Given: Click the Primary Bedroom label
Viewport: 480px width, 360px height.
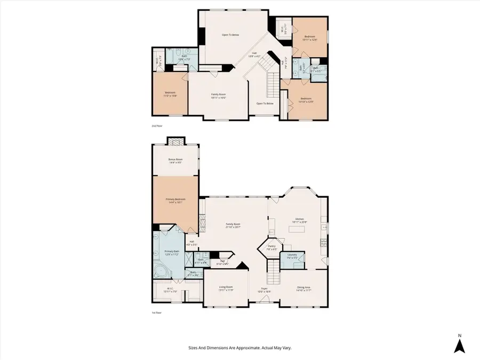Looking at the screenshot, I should click(x=176, y=201).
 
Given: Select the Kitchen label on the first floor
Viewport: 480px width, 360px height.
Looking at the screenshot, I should click(x=299, y=220).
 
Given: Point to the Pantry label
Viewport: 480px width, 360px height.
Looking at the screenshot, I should click(x=271, y=247).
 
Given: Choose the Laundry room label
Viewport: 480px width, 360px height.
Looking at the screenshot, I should click(x=292, y=256).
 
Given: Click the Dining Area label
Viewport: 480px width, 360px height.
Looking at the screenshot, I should click(x=303, y=289).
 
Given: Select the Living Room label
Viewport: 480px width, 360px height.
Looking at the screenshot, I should click(x=226, y=289).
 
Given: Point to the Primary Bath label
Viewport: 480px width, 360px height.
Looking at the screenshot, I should click(x=171, y=252).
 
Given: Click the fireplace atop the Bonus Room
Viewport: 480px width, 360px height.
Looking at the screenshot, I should click(x=175, y=141).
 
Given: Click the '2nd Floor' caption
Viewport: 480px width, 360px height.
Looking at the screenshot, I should click(x=156, y=126).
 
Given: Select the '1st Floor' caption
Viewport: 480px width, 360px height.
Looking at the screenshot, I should click(x=156, y=313).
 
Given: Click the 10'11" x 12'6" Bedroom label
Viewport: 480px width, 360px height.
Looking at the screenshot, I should click(x=310, y=38).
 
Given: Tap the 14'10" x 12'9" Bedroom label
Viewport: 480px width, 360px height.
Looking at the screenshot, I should click(x=306, y=100).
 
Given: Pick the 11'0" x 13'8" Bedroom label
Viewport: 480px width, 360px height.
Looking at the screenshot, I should click(x=170, y=94).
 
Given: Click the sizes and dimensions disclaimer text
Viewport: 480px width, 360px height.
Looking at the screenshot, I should click(x=239, y=348).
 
